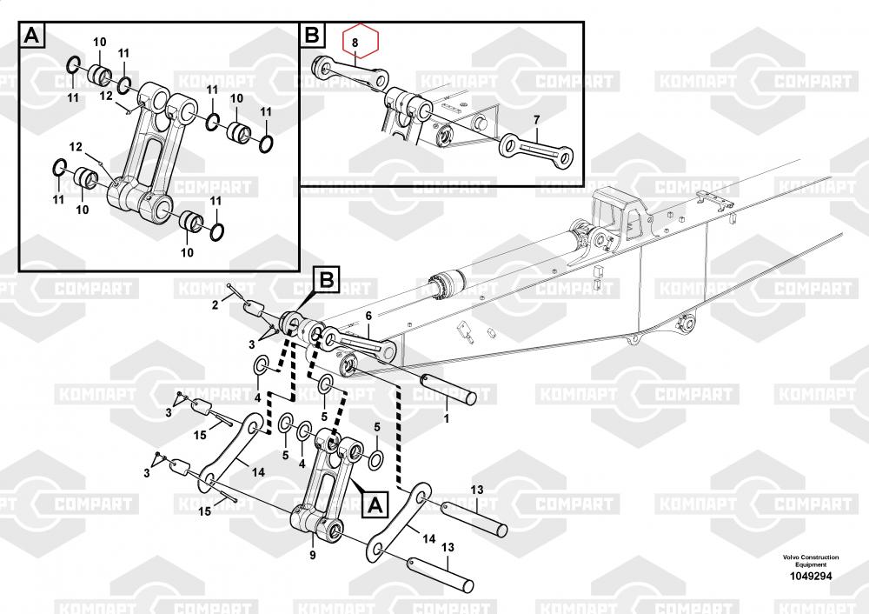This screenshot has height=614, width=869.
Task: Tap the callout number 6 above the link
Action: pos(368,316)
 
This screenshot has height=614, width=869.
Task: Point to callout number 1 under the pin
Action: pos(447,418)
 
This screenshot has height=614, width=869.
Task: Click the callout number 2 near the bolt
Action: pos(215,304)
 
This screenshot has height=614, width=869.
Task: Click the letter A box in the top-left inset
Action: pos(31,36)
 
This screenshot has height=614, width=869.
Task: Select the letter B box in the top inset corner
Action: pos(312,36)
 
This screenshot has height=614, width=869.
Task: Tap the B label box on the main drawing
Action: pos(326,280)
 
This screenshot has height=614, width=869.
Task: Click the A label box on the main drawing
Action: pos(374,503)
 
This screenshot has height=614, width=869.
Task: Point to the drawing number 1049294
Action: pos(810,576)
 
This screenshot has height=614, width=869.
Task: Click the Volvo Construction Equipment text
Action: pos(810,560)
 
